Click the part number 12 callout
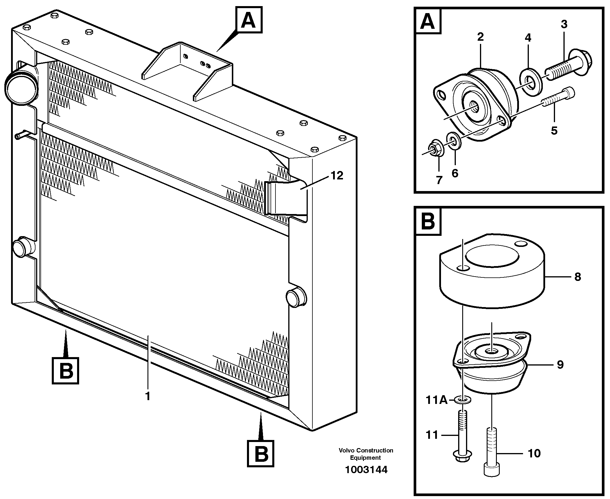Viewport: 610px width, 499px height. [337, 176]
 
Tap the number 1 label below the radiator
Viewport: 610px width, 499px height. [148, 396]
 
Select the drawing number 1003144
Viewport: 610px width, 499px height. [366, 470]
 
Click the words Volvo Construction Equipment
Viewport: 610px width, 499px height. [366, 454]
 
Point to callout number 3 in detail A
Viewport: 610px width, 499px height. [564, 24]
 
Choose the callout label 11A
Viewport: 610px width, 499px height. [436, 400]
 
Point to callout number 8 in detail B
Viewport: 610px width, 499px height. [577, 277]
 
